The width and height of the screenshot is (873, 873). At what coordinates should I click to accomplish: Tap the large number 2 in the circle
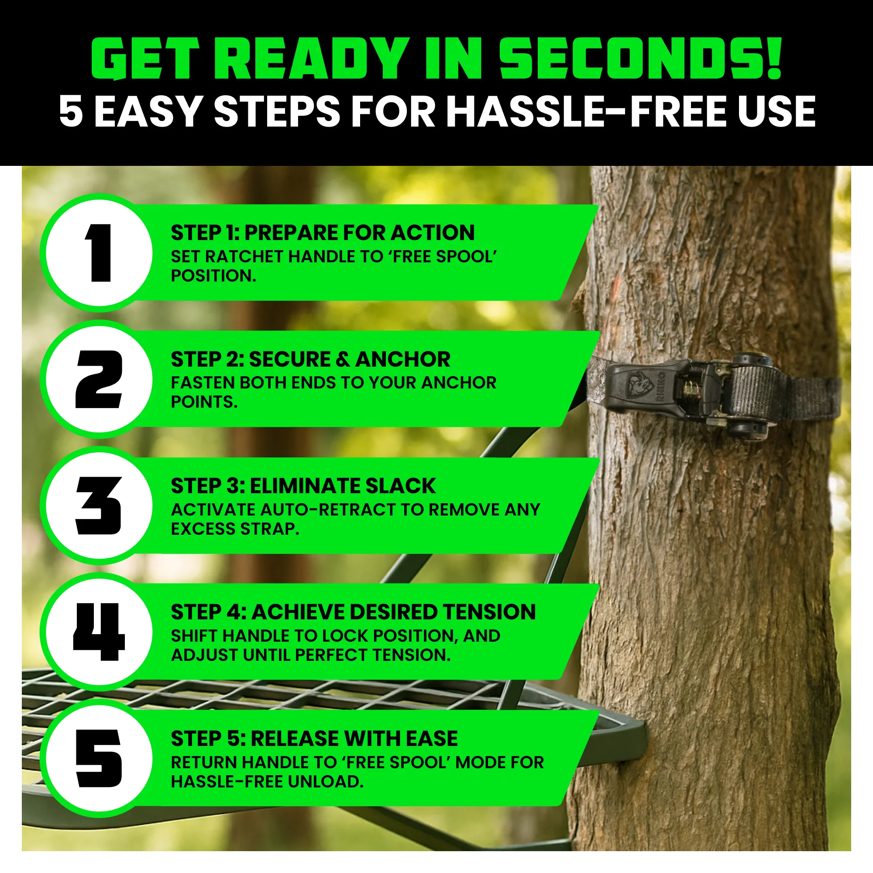click(x=99, y=379)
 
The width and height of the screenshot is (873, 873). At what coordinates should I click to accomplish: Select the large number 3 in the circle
click(x=99, y=505)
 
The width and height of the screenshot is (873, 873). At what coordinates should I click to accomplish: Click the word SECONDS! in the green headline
click(x=640, y=58)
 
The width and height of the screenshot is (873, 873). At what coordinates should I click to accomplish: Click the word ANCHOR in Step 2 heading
click(x=402, y=359)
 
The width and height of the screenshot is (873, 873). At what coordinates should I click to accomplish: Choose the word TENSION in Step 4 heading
click(x=489, y=612)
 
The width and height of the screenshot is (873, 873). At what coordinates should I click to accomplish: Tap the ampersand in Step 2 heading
click(x=343, y=359)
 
